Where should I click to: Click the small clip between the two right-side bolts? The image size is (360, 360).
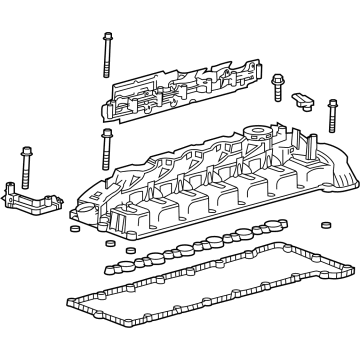303,103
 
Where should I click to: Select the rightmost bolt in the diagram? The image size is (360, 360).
331,117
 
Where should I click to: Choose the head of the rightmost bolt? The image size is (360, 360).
331,103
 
